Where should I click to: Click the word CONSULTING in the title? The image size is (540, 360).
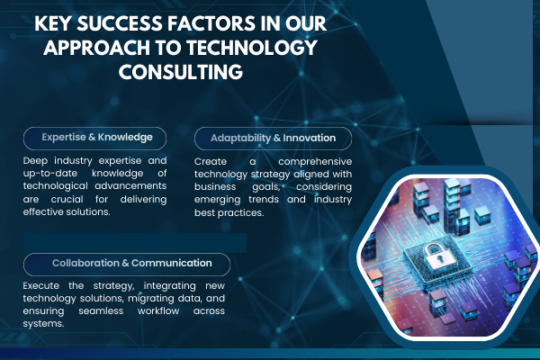[181, 72]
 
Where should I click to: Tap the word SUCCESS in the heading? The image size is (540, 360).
[120, 23]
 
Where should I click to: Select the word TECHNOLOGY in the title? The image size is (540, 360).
[252, 48]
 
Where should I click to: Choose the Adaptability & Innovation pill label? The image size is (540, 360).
[273, 139]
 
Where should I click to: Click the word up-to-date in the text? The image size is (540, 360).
[50, 174]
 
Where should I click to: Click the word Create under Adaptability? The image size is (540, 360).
[211, 162]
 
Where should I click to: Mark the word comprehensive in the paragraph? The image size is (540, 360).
[315, 162]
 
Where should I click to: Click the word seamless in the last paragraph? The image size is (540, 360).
[101, 311]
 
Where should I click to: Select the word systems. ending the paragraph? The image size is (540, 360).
[43, 324]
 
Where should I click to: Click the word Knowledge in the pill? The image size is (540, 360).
[125, 138]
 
